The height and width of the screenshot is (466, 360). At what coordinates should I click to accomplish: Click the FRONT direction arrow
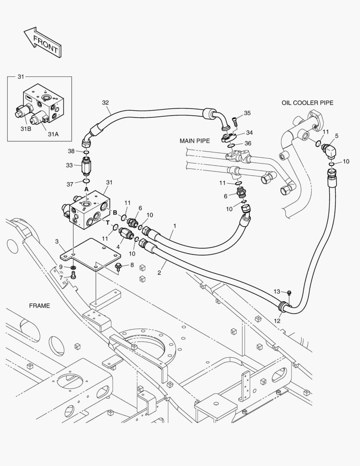point(42,42)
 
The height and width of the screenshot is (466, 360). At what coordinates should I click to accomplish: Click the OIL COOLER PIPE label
point(307,103)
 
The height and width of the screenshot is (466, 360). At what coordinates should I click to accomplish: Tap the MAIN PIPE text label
point(194,141)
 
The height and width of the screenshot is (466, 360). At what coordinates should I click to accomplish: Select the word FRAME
point(39,306)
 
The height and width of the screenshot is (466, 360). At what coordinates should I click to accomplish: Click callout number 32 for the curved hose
point(106,103)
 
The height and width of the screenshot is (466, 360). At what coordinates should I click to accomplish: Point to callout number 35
point(247,113)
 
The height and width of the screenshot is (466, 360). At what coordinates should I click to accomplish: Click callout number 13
point(277,292)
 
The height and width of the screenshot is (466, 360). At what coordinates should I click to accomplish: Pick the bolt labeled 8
point(119,267)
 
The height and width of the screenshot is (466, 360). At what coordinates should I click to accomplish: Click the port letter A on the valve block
point(86,189)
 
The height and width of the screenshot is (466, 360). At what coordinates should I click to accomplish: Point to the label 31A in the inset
point(53,134)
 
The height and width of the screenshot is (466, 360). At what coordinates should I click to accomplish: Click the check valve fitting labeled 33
point(86,165)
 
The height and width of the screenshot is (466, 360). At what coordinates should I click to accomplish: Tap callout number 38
point(71,151)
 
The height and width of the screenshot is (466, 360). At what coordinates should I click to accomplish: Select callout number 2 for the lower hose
point(159,273)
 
